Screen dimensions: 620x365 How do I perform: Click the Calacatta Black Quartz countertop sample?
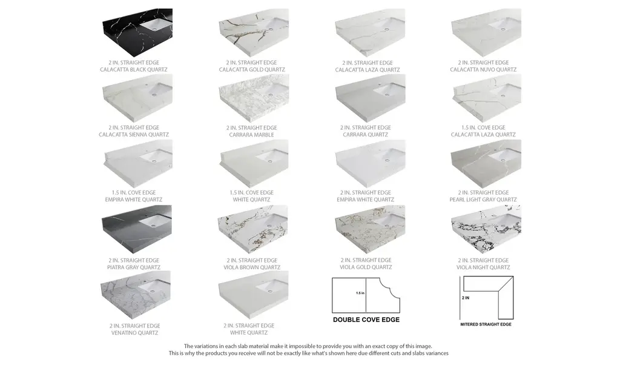coord(137,33)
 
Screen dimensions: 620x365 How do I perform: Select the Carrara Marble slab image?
coord(254,98)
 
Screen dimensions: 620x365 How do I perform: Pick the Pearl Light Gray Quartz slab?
coord(486,164)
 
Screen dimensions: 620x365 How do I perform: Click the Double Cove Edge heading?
coord(366,320)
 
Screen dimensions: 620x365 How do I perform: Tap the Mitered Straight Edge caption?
coord(486,324)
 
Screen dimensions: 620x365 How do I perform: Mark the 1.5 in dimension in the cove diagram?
coord(360,293)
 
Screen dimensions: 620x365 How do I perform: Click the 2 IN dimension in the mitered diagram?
coord(466,298)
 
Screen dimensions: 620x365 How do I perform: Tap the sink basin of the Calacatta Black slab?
coord(158,25)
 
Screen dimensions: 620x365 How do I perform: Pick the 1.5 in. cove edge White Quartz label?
coord(251,196)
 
